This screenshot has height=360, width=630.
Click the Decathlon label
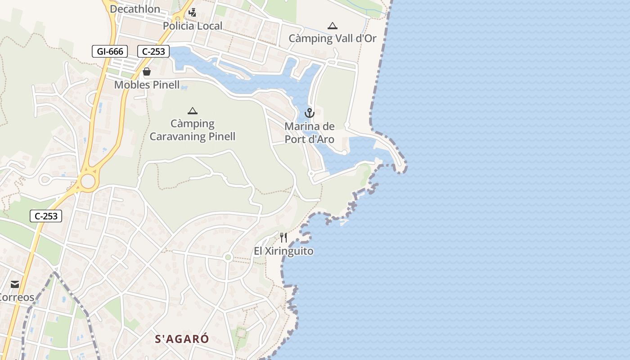coord(135,9)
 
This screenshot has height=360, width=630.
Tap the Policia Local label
coord(193,26)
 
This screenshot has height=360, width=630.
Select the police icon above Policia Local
coord(193,13)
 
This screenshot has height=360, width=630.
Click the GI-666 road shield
coord(110,51)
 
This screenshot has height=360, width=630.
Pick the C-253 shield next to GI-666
coord(153,51)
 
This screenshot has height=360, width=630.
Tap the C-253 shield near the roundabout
coord(46,216)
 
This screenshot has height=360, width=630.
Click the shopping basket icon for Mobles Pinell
coord(147,72)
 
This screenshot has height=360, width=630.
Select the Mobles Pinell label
coord(147,85)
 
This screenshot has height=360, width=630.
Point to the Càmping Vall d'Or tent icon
coord(333,26)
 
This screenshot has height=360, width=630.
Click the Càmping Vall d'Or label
coord(333,39)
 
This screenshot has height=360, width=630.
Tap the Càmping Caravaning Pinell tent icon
coord(193,111)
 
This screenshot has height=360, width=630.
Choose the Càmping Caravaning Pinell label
coord(193,130)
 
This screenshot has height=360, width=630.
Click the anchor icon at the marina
coord(309,112)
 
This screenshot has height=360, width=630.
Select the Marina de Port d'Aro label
coord(310,133)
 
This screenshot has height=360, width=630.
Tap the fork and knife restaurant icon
coord(283,237)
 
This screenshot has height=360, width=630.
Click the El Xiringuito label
coord(283,251)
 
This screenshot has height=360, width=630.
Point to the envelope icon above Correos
coord(15,284)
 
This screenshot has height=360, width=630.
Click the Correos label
coord(17,297)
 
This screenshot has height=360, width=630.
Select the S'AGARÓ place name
coord(182,339)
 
